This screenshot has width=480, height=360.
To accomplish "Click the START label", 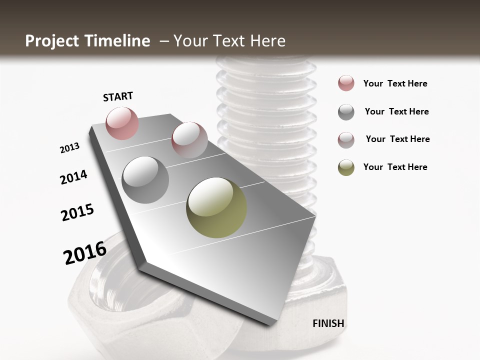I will coord(118,96).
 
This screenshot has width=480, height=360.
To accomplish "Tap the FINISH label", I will coord(328,323).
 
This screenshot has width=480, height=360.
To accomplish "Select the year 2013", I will coord(69,148).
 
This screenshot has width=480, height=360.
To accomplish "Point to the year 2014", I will coord(73,177).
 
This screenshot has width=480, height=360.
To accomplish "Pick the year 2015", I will coord(77,212).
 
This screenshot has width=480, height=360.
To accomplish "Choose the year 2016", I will coord(85,253).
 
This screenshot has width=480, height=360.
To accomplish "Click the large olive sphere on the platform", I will coord(216,207).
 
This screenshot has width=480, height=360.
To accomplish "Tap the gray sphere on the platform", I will coord(145,180).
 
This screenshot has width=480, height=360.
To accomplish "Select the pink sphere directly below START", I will coord(122,123).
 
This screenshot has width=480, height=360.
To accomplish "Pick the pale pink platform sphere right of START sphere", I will coord(189,140).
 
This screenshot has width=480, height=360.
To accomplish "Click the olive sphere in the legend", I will coord(346,167).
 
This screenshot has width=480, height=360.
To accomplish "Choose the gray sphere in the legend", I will coord(346,112).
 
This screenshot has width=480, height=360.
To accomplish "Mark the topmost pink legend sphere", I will coord(346,83).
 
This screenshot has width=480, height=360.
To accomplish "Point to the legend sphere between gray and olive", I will coord(346,140).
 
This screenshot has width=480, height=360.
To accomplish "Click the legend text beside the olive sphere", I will coord(395,167).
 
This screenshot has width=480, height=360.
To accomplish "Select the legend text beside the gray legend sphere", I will coord(396,111).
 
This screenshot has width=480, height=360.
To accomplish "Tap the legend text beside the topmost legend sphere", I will coord(395,83).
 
